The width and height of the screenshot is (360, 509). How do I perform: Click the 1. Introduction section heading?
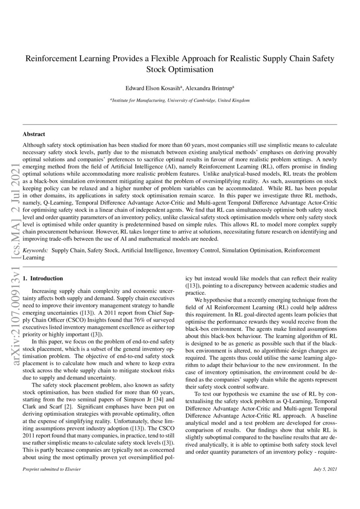[43, 278]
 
